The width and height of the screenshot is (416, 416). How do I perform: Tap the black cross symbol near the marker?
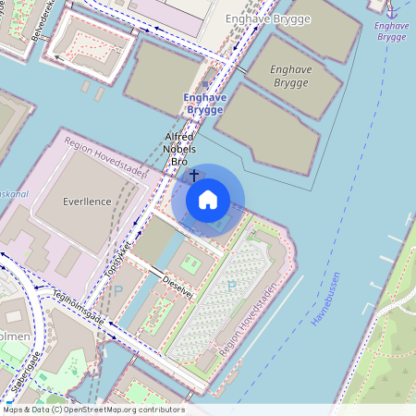click(x=193, y=174)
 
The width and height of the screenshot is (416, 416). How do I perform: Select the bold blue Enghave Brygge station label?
click(x=203, y=104)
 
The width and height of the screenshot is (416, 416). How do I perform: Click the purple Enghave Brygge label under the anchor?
click(x=392, y=31)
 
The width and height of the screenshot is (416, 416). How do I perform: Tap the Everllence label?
click(x=88, y=202)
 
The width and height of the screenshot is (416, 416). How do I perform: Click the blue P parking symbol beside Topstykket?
click(x=117, y=290)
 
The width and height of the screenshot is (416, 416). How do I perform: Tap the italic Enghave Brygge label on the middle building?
click(x=292, y=75)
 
